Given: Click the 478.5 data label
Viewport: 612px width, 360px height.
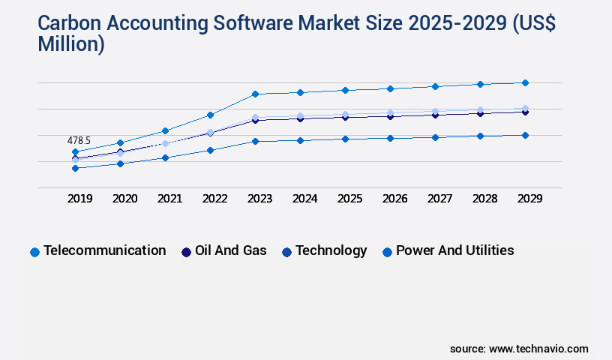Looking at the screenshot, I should coord(79,140).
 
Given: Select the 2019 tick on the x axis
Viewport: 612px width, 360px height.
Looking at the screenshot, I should coord(79,199).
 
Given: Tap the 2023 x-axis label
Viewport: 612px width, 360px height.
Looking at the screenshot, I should coord(259,199).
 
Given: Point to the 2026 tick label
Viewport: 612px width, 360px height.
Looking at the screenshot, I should coord(394,199).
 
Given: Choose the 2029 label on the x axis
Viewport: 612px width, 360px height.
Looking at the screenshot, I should coord(529,199).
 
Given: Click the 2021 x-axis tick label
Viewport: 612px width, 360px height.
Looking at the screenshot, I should coord(169,199).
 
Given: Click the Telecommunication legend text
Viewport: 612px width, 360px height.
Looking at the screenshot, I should coord(104,250).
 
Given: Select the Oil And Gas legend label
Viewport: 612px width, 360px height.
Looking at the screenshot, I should coord(230,250).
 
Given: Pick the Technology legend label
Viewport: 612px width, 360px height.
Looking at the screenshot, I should coord(331,250).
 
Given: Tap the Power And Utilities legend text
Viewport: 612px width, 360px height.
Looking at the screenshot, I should coord(454,250).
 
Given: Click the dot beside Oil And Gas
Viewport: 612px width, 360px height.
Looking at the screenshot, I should coord(186,252).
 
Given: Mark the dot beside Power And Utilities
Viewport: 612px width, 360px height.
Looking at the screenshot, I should coord(387,252).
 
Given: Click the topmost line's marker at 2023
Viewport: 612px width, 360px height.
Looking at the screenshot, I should coord(255,94).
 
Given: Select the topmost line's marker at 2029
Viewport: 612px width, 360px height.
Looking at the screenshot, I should coord(525,82).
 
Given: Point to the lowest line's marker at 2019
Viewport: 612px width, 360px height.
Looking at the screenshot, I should coord(75,168).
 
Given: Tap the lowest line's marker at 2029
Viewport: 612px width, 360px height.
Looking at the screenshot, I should coord(525,135).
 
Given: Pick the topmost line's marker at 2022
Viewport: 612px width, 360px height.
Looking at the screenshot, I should coord(210,115).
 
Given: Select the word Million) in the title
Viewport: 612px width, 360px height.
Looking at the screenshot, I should coord(71,45).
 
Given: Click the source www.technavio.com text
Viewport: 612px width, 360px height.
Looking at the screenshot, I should coord(519,349).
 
